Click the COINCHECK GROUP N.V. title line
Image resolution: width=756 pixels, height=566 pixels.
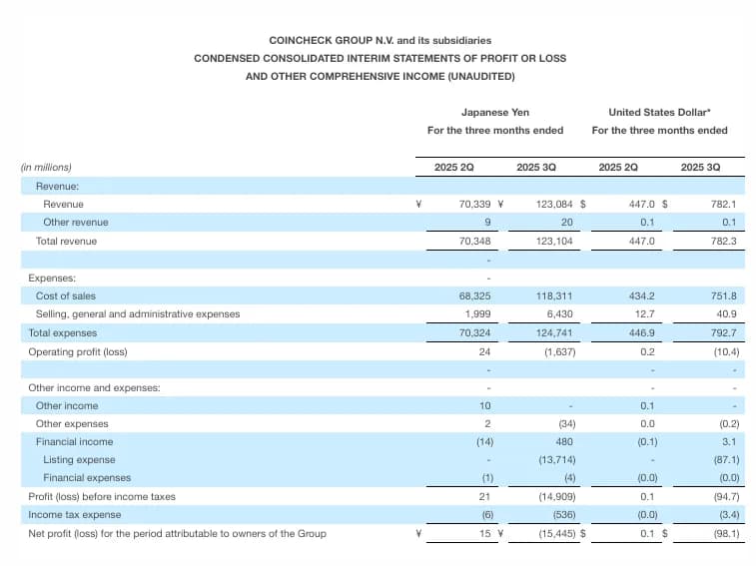tap(379, 40)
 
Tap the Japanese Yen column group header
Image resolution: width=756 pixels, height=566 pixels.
tap(495, 112)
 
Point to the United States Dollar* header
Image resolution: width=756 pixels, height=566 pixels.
tap(659, 112)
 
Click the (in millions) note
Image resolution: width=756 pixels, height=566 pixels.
tap(46, 167)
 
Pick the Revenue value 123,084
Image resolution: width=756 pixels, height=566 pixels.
tap(544, 204)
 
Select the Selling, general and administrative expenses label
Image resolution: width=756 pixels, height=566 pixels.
tap(138, 313)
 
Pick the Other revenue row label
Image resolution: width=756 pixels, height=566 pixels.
tap(76, 222)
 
